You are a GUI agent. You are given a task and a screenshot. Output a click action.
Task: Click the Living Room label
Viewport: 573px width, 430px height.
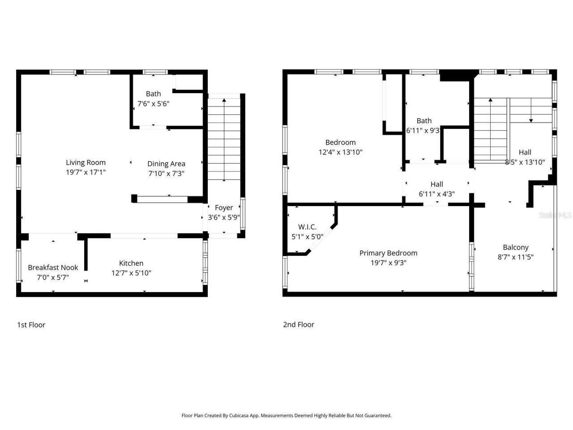coord(86,163)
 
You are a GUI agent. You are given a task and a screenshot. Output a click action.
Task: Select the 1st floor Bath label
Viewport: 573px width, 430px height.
coord(153,94)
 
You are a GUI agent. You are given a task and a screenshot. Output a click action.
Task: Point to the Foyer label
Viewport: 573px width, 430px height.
coord(224,208)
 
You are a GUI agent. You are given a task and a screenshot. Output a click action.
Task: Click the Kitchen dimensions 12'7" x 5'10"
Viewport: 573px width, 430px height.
coord(131,273)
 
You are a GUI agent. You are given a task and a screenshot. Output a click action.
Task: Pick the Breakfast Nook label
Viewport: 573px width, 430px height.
coord(53,267)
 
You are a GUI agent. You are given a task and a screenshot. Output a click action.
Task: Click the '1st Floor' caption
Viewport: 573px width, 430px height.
coord(31,325)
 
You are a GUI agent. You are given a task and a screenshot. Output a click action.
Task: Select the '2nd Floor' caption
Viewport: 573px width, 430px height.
coord(299,325)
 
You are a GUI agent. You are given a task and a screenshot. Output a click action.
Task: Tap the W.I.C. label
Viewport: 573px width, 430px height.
coord(307,227)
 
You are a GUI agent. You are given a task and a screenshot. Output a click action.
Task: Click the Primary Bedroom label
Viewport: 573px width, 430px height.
coord(388,253)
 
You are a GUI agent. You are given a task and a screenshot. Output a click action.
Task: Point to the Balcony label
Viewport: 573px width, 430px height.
coord(515,247)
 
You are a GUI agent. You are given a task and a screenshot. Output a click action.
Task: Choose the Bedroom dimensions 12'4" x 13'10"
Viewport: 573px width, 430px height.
coord(340,152)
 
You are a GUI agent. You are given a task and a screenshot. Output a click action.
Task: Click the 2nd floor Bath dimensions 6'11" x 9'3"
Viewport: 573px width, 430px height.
coord(423,131)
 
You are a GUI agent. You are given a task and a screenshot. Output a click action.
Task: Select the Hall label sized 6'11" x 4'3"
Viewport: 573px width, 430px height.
coord(436,184)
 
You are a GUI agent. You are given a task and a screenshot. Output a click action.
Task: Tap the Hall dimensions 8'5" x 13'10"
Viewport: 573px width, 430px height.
coord(525,162)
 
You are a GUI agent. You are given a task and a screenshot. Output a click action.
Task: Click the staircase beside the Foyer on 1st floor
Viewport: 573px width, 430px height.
coord(224,139)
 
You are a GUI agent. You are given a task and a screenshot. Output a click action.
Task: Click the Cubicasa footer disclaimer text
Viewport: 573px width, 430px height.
coord(286,416)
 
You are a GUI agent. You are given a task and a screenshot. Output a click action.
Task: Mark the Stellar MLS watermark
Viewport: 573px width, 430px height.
coord(555,215)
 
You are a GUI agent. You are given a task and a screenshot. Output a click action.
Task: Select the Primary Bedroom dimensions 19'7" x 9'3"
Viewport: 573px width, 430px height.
coord(388,263)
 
